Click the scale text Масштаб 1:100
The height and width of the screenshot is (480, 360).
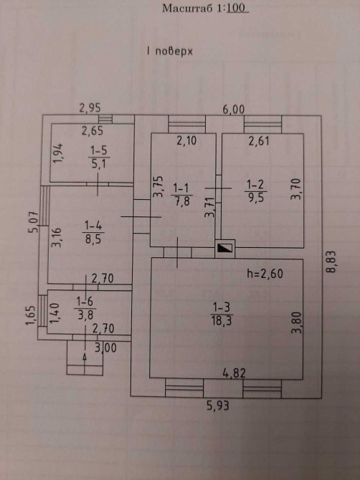click(x=205, y=9)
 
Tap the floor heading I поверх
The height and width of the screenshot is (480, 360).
click(x=170, y=52)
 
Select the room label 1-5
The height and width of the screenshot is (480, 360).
click(x=99, y=150)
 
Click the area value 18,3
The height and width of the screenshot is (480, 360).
click(x=221, y=321)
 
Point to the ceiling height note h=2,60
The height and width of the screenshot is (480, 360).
click(x=265, y=274)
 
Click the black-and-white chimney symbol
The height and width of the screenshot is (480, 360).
click(x=224, y=249)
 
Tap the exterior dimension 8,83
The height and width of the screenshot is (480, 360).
click(x=331, y=261)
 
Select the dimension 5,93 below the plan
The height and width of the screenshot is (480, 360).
click(x=217, y=406)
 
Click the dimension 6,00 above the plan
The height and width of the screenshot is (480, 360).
click(x=234, y=110)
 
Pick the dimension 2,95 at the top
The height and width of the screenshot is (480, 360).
click(x=90, y=107)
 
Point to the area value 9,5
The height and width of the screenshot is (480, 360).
click(x=255, y=198)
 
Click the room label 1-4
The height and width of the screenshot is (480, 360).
click(x=93, y=226)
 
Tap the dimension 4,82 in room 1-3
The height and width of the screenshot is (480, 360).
click(x=235, y=373)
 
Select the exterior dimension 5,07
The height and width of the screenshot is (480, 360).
click(x=34, y=222)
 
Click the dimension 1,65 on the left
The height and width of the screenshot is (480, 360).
click(x=31, y=316)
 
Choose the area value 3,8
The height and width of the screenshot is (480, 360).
click(x=85, y=315)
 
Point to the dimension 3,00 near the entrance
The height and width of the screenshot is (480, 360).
click(x=105, y=347)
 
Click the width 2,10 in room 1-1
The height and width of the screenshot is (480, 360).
click(x=186, y=141)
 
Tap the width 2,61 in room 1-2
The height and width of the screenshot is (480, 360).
click(x=259, y=141)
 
